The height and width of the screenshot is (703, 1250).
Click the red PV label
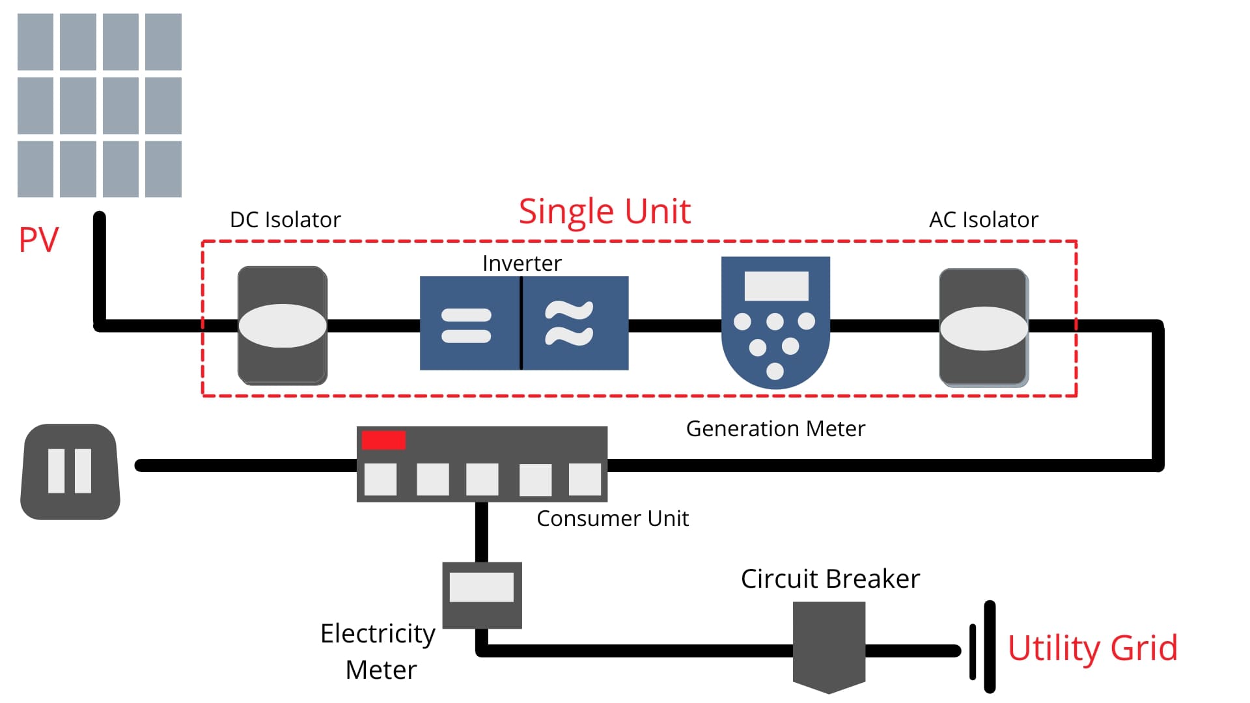[x=38, y=240]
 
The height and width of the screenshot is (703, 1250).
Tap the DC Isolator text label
[x=285, y=220]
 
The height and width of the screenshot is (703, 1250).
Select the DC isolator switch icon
[x=283, y=325]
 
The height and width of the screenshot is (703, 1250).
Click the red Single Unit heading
[x=604, y=212]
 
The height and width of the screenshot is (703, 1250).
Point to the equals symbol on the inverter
[x=466, y=325]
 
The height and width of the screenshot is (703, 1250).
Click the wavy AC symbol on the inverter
[x=569, y=323]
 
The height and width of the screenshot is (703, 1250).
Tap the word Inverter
[x=521, y=264]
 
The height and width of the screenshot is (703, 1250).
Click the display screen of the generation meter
[x=776, y=286]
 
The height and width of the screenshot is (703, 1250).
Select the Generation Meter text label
[x=775, y=429]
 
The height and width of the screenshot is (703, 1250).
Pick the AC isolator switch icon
[x=984, y=327]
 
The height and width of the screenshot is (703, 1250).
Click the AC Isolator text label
[x=983, y=220]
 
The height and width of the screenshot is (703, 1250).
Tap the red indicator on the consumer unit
[x=383, y=441]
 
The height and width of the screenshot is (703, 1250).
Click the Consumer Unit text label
[x=612, y=519]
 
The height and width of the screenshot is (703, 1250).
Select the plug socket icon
[x=70, y=472]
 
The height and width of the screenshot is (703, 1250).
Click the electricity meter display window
[x=482, y=587]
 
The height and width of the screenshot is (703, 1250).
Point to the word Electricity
[x=378, y=634]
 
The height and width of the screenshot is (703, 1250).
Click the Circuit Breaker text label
[x=830, y=579]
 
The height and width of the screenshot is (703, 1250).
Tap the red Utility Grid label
[x=1092, y=648]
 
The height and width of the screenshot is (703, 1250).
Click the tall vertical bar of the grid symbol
[x=990, y=646]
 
